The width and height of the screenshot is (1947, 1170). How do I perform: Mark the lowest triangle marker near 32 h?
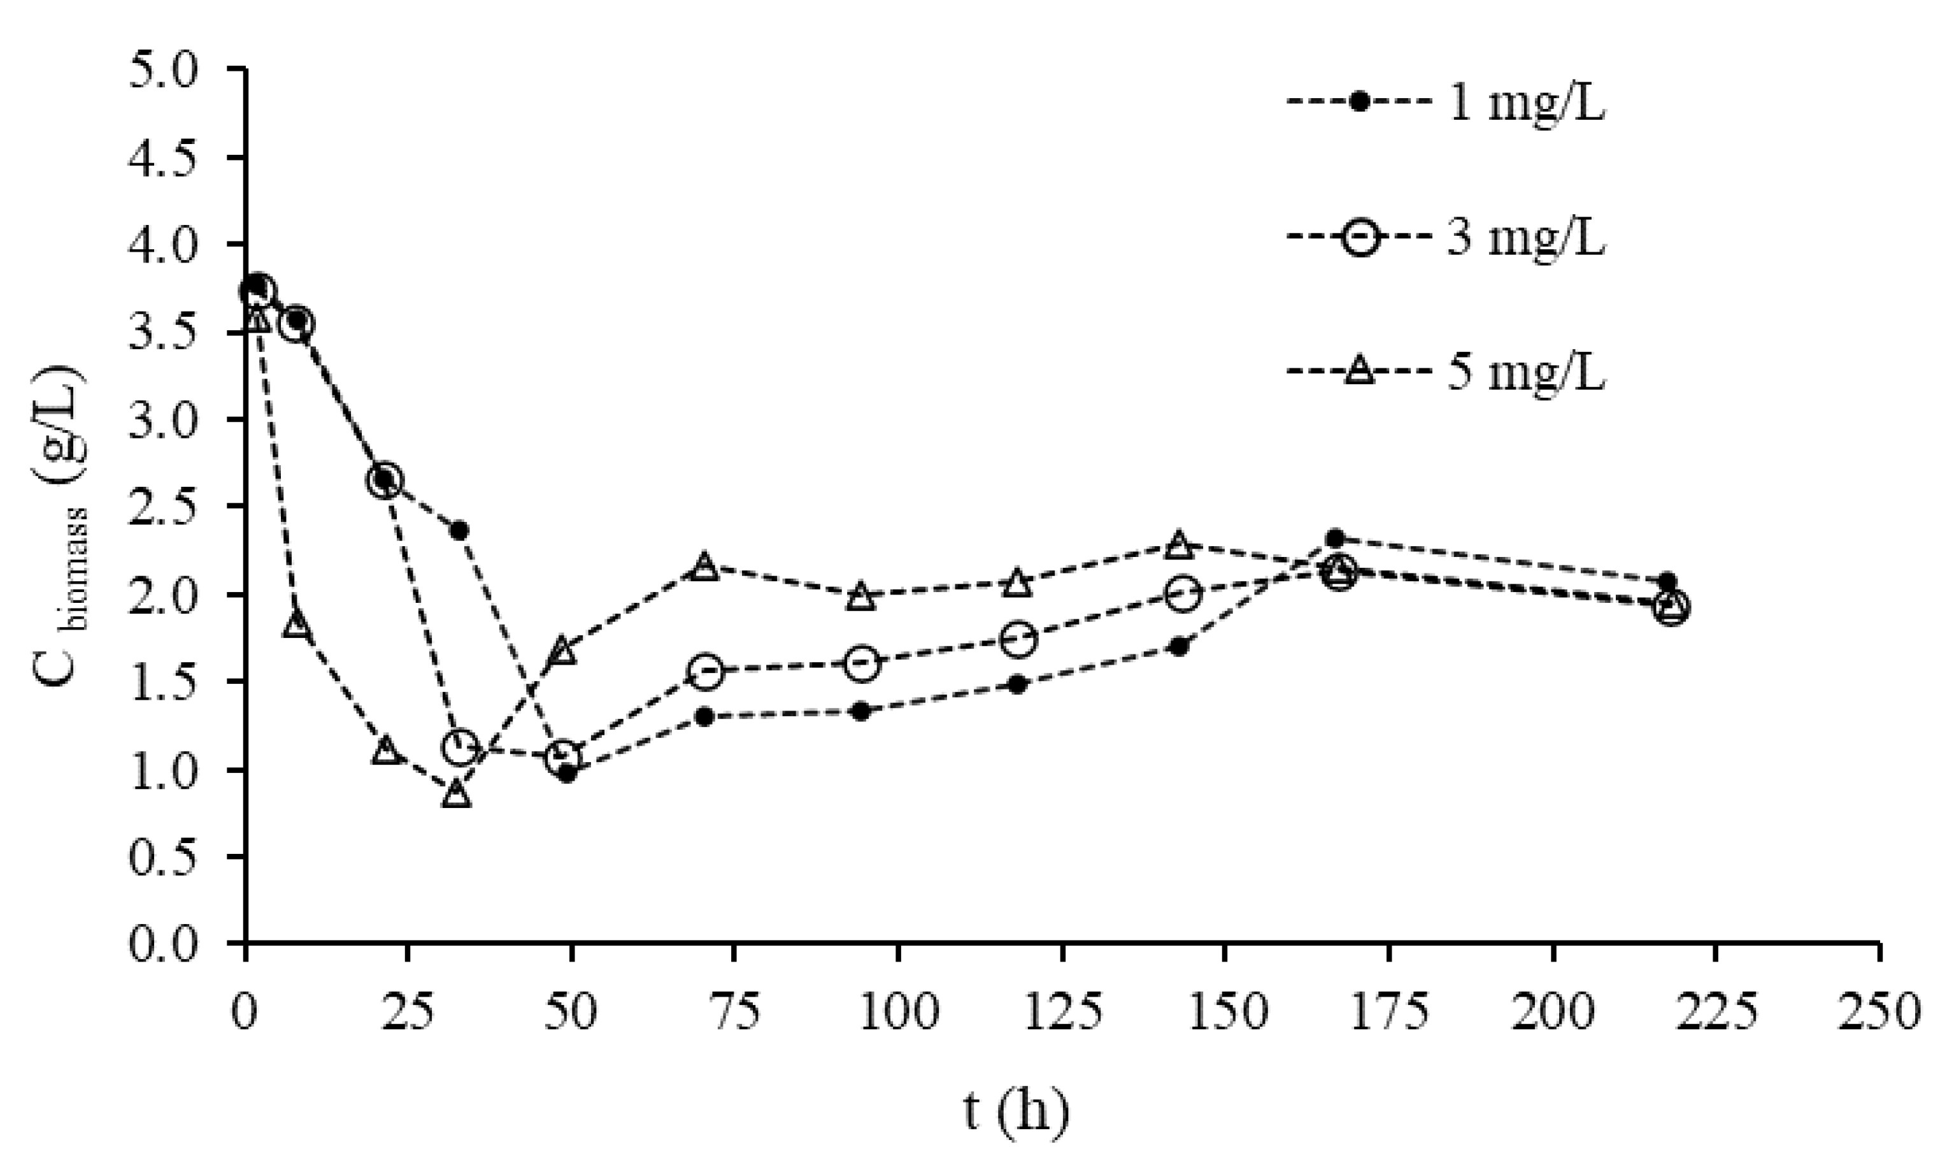coord(457,795)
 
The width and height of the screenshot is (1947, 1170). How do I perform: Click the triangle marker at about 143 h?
coord(1178,544)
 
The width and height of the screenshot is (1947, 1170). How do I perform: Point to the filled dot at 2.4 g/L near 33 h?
coord(460,530)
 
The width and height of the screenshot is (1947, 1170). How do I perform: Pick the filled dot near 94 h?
coord(861,711)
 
